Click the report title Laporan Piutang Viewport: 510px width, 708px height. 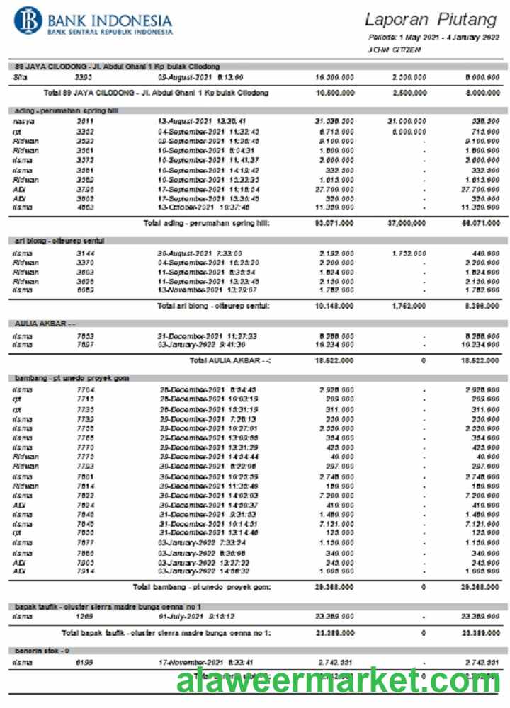431,20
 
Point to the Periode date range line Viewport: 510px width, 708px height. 433,37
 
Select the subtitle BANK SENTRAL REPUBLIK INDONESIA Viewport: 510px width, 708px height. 110,33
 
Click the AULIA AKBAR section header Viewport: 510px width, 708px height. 45,324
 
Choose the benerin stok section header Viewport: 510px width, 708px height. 43,649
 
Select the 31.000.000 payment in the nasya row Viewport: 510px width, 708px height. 407,121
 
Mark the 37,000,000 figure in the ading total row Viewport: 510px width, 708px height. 407,223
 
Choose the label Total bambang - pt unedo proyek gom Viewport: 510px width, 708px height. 202,587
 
